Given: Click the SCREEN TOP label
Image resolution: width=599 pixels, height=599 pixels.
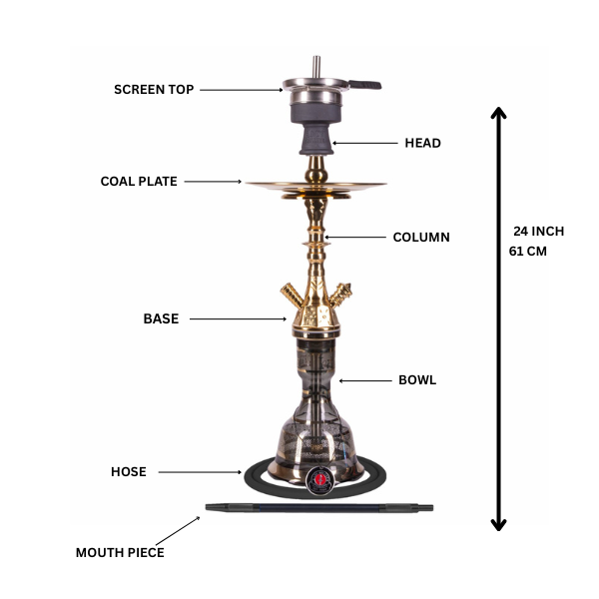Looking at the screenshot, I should [154, 90].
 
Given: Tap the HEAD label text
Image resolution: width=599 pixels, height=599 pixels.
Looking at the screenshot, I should [422, 143].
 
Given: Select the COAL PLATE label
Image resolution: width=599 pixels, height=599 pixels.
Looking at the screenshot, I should [139, 182].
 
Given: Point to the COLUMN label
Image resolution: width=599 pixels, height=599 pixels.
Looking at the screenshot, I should [420, 238].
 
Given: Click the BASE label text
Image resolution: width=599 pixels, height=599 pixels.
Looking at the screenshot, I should [161, 319].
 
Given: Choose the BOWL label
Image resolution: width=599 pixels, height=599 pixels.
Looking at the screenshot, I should [417, 380].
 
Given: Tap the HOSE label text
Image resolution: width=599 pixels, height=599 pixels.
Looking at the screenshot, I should [129, 472].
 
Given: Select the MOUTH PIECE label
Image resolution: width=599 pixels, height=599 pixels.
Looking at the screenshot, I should [120, 552].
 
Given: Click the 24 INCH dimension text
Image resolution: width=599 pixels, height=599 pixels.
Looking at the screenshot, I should [538, 231].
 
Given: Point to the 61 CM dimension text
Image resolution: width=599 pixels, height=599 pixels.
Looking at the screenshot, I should [528, 252].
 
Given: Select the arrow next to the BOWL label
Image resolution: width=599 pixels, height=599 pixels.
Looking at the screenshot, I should [363, 380].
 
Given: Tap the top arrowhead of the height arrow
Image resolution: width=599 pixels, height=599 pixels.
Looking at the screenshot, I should [498, 114].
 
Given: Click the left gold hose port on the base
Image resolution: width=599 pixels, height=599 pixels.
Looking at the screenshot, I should [290, 295].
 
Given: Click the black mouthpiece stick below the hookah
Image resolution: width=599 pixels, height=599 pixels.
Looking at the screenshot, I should [319, 508].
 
